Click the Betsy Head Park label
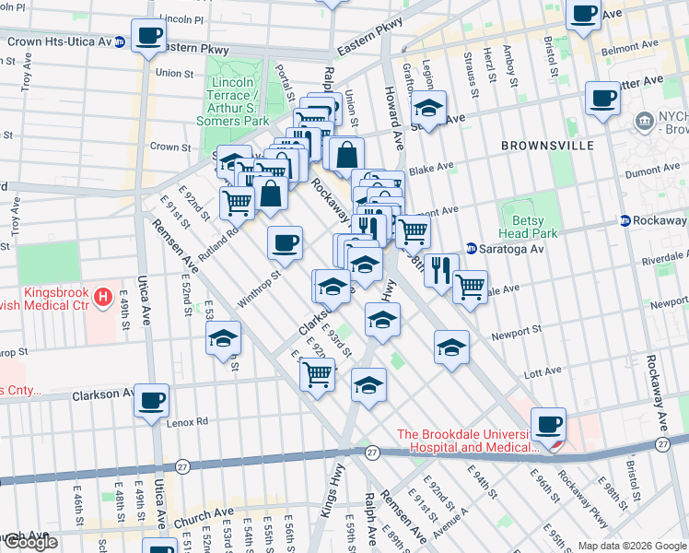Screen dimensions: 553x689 [x=529, y=227]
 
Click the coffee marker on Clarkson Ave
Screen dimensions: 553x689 [x=152, y=401]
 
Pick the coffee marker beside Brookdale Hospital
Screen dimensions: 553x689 [x=549, y=425]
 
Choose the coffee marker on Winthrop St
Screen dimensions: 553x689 [x=285, y=243]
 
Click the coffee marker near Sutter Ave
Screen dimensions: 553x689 [x=602, y=99]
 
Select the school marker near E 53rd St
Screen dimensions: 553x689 [x=223, y=340]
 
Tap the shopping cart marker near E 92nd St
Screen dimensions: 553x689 [x=317, y=375]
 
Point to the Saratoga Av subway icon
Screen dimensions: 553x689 [x=471, y=248]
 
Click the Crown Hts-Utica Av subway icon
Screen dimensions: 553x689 [x=120, y=43]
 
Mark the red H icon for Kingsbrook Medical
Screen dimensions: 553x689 [x=103, y=298]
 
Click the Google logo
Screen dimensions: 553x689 [x=29, y=542]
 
